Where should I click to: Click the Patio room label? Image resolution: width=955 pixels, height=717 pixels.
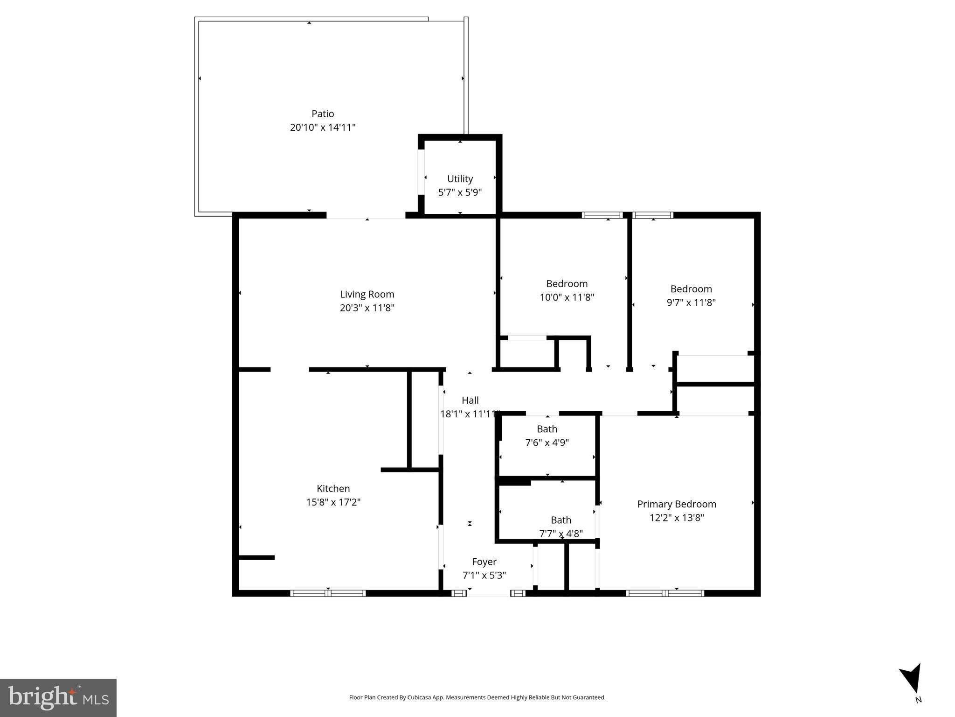323,113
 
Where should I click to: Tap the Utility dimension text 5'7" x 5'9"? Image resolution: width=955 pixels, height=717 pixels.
460,192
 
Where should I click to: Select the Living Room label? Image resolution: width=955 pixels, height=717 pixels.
367,294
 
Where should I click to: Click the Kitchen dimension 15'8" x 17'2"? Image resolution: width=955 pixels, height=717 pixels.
333,502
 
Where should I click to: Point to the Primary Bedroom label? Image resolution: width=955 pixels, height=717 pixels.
677,504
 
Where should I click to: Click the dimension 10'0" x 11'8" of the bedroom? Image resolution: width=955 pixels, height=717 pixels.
567,297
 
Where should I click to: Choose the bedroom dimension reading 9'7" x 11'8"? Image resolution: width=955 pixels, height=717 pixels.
691,302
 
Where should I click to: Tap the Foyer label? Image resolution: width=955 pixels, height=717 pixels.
484,562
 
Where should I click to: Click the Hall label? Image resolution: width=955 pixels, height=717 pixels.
470,400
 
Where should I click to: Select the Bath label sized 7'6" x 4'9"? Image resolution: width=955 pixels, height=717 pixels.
547,429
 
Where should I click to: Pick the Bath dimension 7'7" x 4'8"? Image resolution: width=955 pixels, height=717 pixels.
561,534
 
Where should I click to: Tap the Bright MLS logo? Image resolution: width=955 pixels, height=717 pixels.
58,698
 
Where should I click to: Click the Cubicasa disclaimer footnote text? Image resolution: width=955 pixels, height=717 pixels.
477,697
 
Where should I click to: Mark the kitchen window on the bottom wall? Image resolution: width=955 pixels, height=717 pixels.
328,593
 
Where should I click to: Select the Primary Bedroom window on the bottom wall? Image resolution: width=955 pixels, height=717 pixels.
665,593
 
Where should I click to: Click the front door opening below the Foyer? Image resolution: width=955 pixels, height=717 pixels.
489,594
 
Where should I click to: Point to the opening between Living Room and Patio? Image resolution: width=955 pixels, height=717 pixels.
366,216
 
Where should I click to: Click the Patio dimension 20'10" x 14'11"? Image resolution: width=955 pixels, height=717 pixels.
323,127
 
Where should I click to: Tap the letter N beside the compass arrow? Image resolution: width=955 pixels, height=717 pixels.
918,700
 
